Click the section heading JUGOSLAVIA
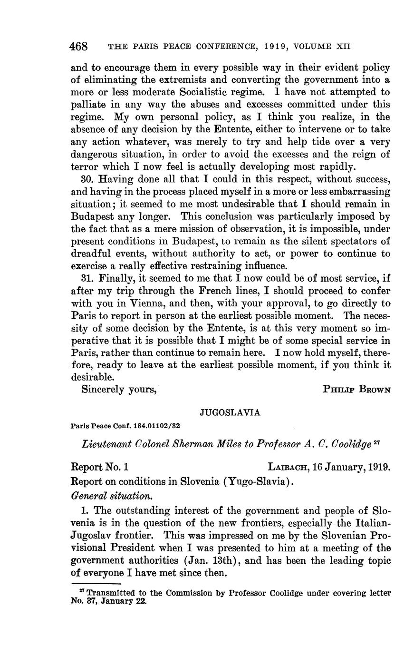point(230,412)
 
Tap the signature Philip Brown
point(356,389)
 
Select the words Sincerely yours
point(119,389)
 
